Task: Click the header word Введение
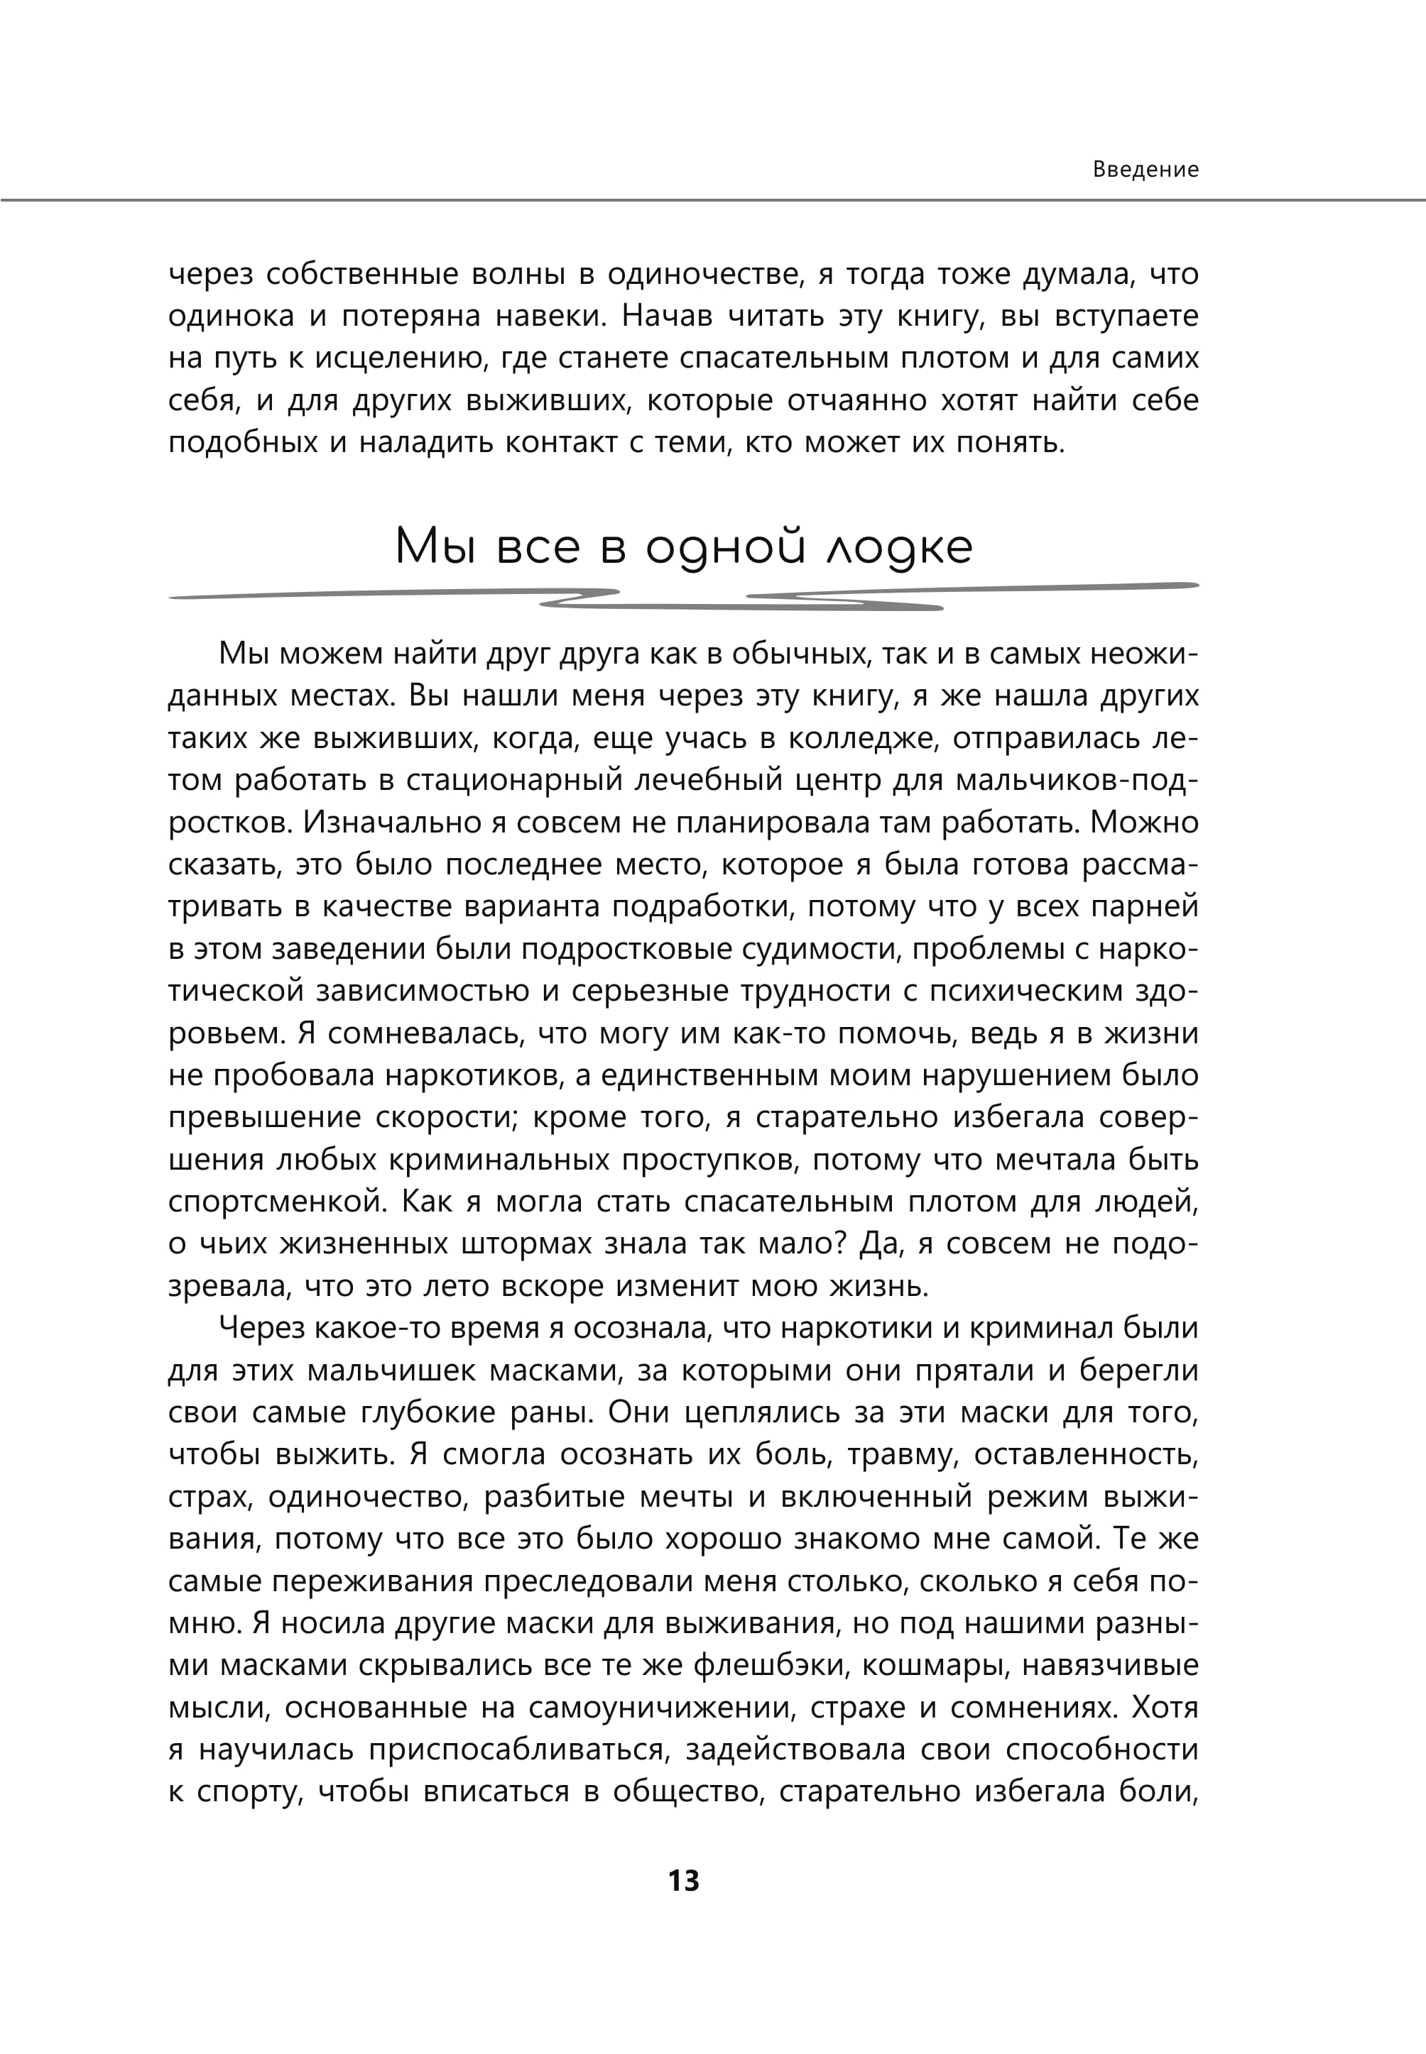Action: (x=1145, y=170)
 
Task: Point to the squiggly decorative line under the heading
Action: (x=683, y=598)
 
